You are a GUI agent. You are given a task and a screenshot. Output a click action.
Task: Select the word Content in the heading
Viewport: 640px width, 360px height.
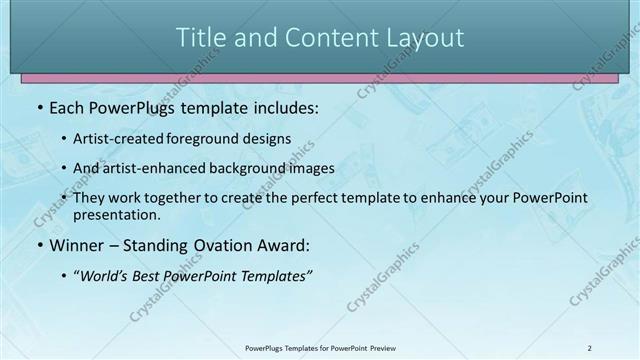pos(322,38)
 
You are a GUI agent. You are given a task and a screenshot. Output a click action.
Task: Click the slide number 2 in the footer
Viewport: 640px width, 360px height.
pos(590,348)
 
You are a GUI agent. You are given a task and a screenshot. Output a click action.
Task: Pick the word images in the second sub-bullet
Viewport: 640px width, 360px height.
pos(311,169)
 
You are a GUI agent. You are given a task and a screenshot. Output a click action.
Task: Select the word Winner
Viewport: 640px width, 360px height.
pos(78,245)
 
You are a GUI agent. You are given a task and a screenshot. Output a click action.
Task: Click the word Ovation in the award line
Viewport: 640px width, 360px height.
pos(224,245)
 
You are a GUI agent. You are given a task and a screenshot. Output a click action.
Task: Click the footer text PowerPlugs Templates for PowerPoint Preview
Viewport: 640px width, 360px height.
pos(320,348)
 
